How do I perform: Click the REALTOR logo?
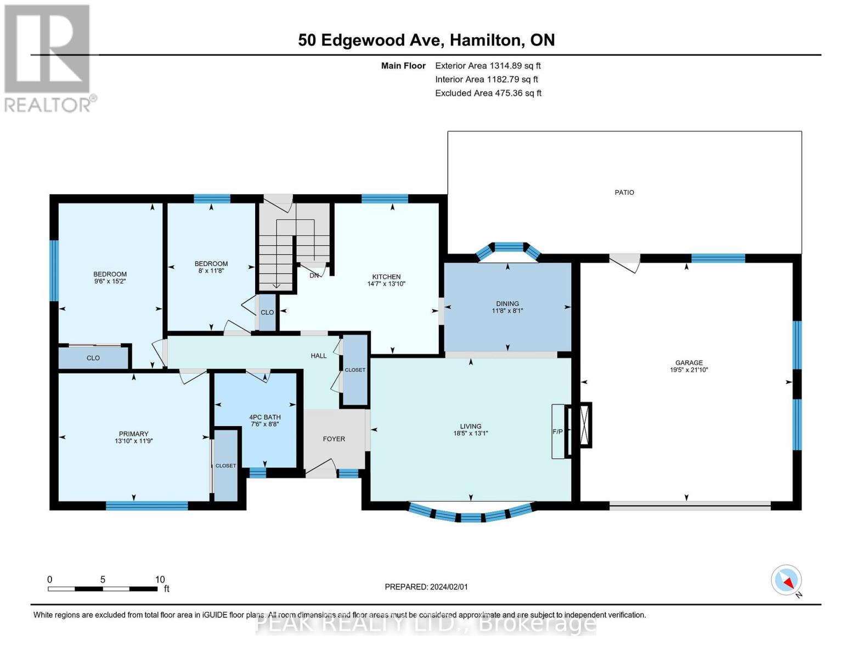[48, 58]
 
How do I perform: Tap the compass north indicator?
[786, 580]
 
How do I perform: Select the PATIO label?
[624, 192]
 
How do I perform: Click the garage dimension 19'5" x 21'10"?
[689, 370]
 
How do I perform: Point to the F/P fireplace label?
[557, 432]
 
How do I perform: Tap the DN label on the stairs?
[314, 275]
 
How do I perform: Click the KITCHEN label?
[386, 277]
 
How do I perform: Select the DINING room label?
[507, 304]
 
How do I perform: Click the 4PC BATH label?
[264, 417]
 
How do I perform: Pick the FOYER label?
[334, 439]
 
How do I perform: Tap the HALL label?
[318, 356]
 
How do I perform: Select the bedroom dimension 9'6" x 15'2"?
[110, 281]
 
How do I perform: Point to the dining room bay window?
[509, 248]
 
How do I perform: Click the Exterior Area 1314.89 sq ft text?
[488, 66]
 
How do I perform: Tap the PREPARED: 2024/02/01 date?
[426, 587]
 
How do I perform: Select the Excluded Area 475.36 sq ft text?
[488, 93]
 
